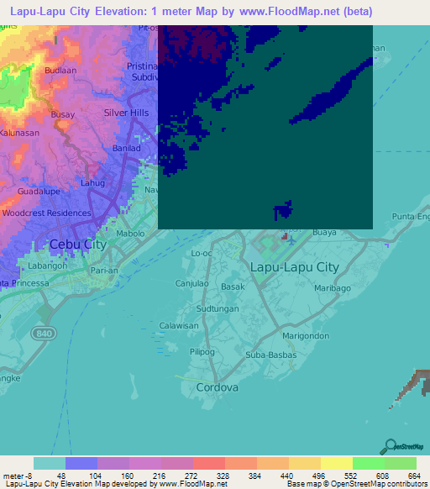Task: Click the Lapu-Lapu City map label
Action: [295, 267]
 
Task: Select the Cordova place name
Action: [217, 387]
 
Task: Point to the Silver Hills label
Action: [126, 113]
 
